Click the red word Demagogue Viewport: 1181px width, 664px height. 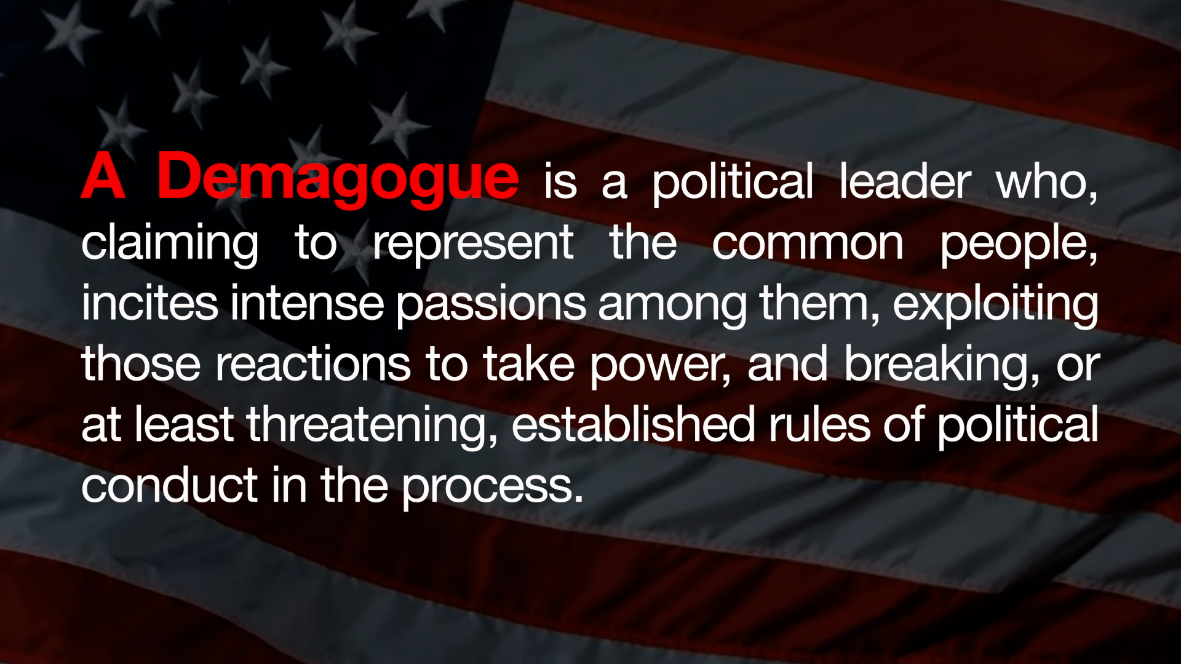pos(338,178)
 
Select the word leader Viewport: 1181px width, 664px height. pos(905,181)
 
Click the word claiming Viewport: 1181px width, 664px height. pos(170,244)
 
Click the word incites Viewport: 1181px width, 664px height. pos(149,303)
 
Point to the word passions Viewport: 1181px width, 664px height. pos(491,306)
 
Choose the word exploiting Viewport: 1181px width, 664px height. pos(995,304)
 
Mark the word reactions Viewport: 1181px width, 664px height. pos(312,365)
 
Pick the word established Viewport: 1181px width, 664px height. pos(633,424)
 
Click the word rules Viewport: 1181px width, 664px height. pos(819,424)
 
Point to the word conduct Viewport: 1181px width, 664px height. pos(169,484)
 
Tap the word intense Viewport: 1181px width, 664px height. pos(307,303)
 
